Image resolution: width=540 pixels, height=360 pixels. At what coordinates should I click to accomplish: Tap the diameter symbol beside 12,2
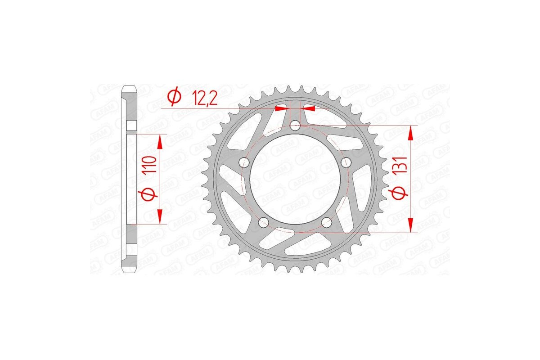tap(174, 96)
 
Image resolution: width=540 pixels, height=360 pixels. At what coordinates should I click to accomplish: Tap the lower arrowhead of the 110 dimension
tap(159, 217)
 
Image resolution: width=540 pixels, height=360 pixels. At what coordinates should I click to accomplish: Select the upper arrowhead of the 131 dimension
tap(410, 133)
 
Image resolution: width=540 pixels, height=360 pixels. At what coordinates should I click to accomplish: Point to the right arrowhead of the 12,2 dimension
tap(309, 108)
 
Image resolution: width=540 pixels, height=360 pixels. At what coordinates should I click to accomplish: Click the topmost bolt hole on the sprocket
tap(295, 126)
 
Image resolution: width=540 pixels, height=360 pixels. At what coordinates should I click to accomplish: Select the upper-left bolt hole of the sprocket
tap(244, 162)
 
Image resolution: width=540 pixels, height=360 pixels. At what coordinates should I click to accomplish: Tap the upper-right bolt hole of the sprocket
tap(346, 162)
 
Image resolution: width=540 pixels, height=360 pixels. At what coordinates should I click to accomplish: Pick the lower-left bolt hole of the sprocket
tap(264, 222)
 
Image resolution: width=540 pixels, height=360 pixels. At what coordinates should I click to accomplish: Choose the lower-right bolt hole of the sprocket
tap(327, 222)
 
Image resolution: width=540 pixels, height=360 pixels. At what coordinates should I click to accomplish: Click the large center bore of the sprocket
tap(295, 180)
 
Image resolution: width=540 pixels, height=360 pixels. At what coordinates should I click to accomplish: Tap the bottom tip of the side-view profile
tap(129, 273)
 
